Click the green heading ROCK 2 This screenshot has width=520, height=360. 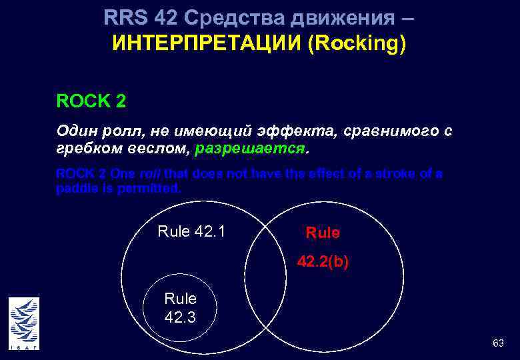91,102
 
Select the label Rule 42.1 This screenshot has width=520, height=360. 191,232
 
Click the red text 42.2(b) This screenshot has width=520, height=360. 323,263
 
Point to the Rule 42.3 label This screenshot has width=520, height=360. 180,308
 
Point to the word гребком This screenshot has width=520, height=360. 85,148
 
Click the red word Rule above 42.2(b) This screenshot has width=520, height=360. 323,233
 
